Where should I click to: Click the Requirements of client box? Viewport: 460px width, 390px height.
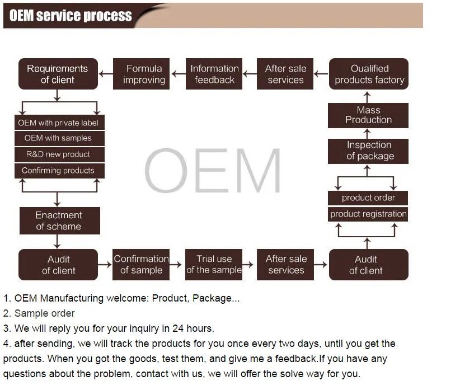58,74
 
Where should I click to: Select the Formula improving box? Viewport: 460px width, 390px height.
144,74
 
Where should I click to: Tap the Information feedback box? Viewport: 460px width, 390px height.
214,74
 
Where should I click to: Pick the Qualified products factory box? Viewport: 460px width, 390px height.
369,74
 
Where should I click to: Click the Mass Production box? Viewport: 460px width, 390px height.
368,115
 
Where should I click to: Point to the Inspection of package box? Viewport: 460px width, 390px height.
368,151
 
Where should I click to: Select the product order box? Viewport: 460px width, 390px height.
368,198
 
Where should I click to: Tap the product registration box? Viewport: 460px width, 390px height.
368,214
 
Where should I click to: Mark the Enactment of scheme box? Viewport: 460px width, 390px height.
59,220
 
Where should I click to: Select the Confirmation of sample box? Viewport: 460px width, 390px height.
141,265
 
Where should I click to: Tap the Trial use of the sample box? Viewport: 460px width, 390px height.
214,265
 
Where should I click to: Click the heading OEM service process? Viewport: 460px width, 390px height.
71,16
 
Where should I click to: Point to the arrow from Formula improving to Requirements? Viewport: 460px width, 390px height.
106,74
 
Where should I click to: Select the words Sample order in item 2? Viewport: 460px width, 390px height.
44,313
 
